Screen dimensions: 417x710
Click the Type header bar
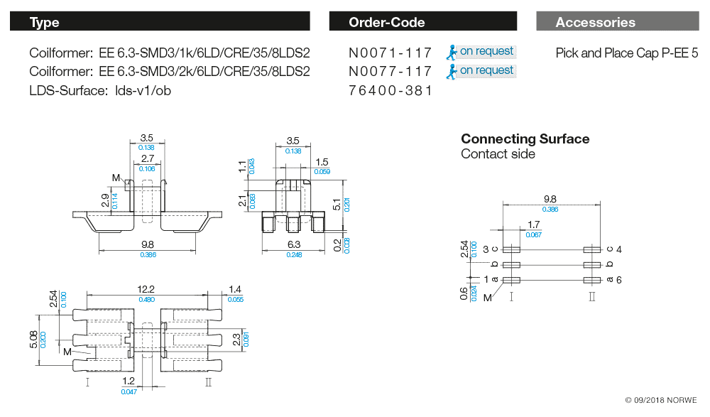pos(160,22)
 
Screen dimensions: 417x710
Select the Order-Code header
pos(423,22)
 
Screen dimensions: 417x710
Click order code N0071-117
pos(390,53)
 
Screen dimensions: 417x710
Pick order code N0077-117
pos(390,72)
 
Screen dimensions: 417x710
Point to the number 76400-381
pos(390,91)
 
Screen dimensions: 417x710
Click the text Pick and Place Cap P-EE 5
pos(627,53)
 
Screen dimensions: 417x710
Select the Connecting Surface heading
pos(525,139)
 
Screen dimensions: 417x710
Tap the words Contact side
pos(498,154)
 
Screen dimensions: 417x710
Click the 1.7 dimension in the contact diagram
pos(534,226)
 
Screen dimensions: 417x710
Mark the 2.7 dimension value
pos(147,159)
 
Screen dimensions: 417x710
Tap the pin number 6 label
pos(619,280)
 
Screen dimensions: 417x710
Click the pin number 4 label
pos(619,249)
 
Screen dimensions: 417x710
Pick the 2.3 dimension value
pos(237,340)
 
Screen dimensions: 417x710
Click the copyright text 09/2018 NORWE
pos(661,400)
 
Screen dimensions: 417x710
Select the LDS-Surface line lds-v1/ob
pos(100,91)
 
